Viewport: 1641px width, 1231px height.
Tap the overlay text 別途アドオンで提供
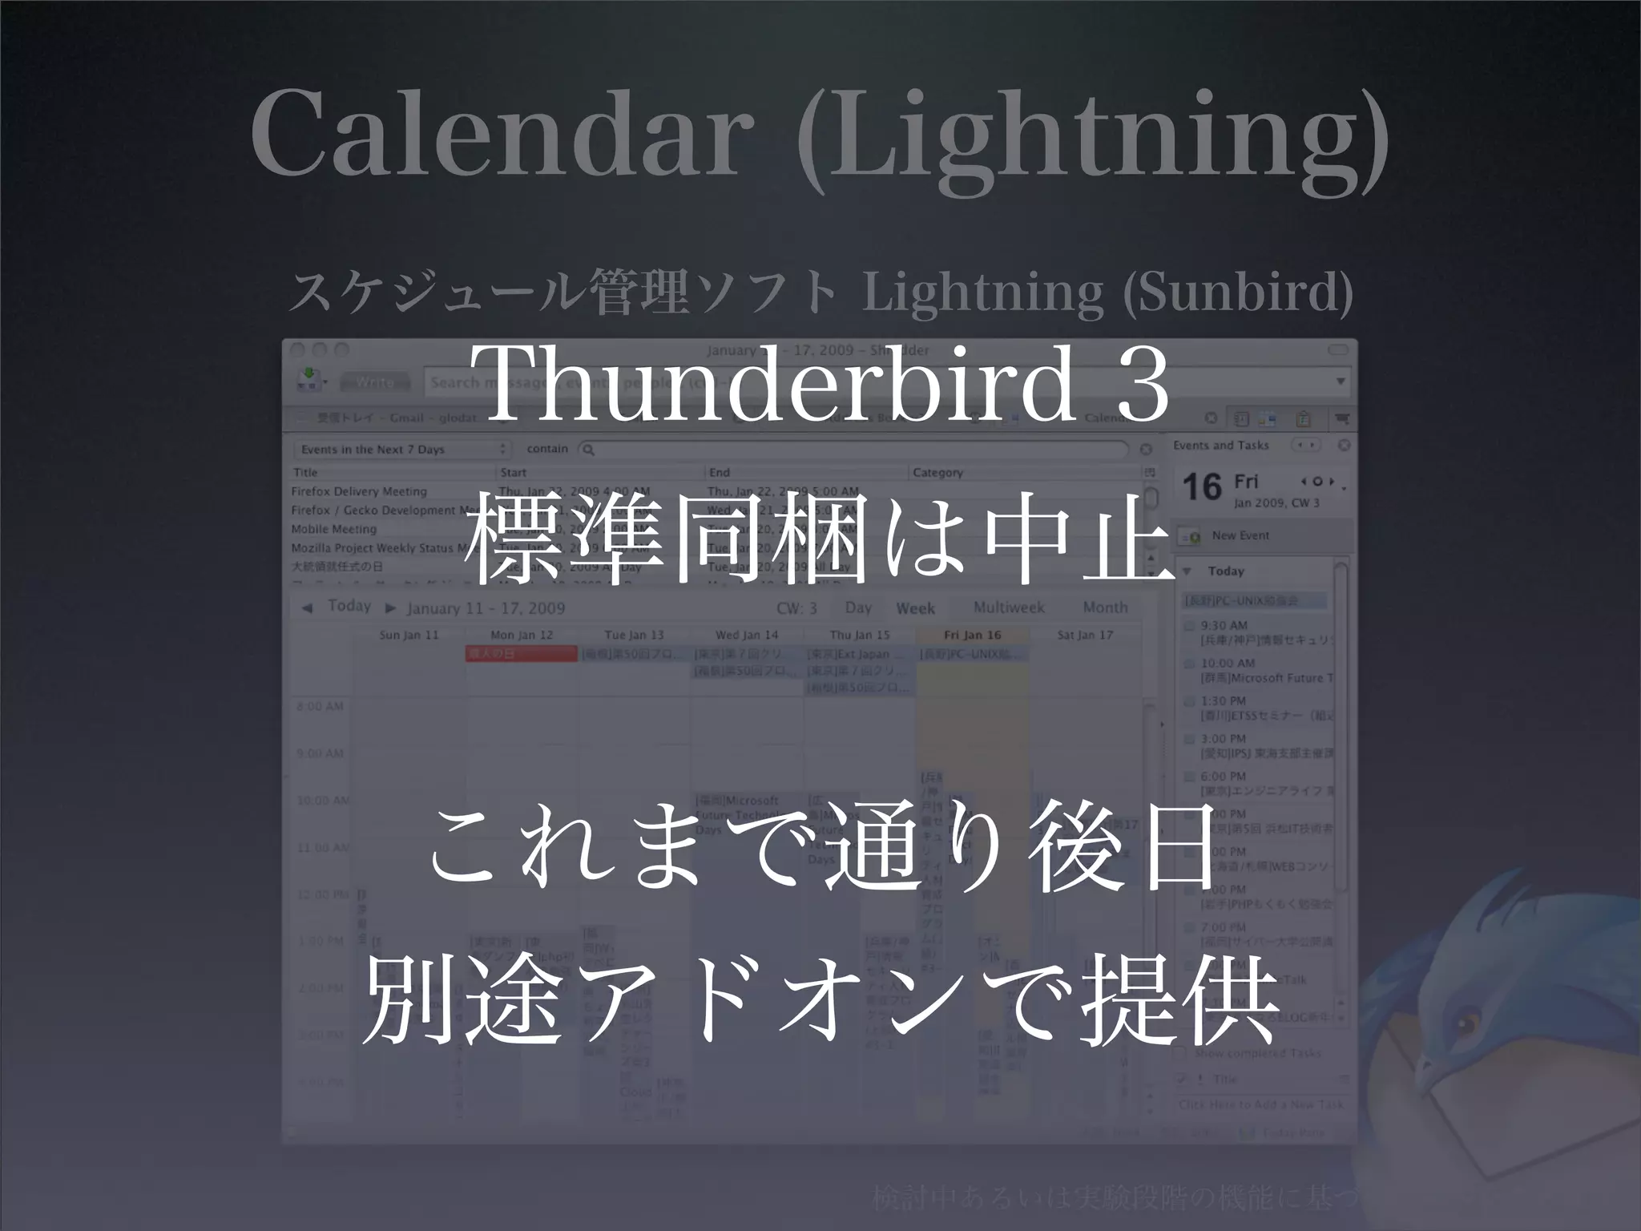[x=820, y=1002]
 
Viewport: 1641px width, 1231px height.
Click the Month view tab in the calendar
[x=1105, y=607]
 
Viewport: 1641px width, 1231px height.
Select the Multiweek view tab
[x=1009, y=607]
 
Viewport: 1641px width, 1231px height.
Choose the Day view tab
[x=858, y=607]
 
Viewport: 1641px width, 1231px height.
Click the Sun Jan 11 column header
[x=409, y=635]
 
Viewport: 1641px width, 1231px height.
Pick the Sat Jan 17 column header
[x=1085, y=635]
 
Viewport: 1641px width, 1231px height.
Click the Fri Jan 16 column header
[x=972, y=635]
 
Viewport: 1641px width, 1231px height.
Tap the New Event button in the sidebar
[x=1240, y=535]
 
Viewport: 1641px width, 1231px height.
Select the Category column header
[x=937, y=473]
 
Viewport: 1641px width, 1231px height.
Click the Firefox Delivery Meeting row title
[x=359, y=491]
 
